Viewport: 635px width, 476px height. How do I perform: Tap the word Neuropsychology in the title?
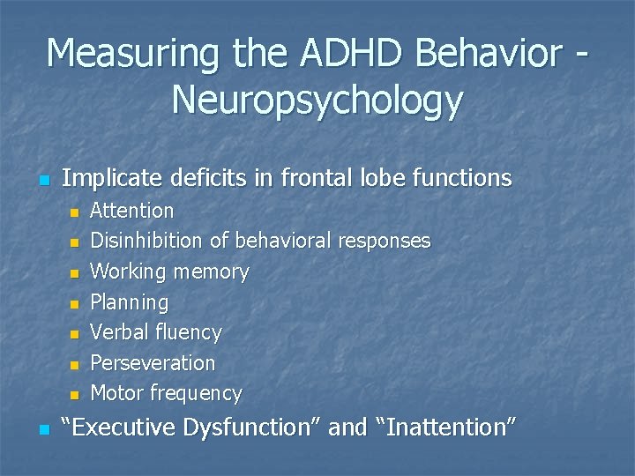(x=317, y=100)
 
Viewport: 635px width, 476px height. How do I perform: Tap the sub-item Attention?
(x=132, y=211)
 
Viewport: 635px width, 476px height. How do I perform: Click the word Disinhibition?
(x=147, y=241)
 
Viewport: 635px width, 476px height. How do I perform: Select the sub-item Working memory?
(x=169, y=271)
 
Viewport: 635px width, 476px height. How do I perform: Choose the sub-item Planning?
(x=129, y=302)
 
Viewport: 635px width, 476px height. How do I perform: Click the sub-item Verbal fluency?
(x=156, y=332)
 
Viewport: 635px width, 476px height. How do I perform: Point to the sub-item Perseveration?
(x=153, y=363)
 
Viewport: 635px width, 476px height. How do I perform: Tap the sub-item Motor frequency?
(x=166, y=393)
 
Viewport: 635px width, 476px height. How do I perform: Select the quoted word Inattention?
(x=446, y=428)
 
